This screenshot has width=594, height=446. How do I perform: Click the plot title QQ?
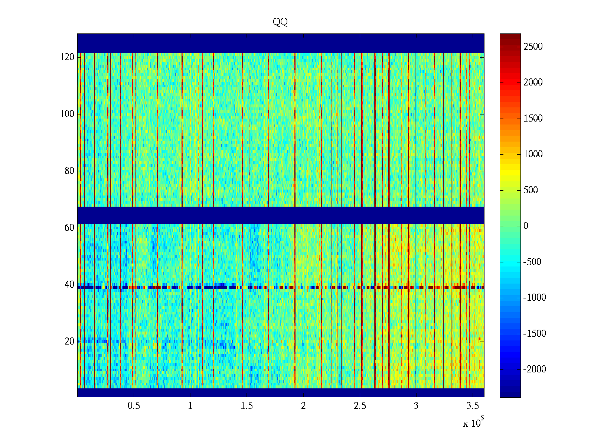tap(280, 22)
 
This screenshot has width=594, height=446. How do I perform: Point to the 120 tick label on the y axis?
tap(67, 57)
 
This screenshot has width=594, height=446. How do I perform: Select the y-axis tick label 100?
tap(67, 114)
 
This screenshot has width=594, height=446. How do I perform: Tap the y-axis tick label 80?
tap(69, 171)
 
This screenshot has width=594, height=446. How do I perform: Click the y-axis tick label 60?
tap(69, 227)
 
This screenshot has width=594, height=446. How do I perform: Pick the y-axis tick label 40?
tap(69, 285)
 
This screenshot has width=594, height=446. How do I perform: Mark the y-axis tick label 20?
tap(69, 341)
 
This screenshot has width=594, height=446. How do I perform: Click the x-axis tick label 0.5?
tap(134, 406)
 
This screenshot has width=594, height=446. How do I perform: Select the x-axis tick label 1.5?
tap(247, 406)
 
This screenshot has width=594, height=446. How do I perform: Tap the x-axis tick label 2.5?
tap(360, 406)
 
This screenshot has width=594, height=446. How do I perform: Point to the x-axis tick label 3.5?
tap(473, 406)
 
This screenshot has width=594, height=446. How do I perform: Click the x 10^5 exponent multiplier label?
tap(473, 423)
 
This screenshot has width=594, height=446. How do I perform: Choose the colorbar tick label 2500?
tap(533, 47)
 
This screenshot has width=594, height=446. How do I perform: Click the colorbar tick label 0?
tap(526, 226)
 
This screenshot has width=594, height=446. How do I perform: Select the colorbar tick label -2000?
tap(535, 369)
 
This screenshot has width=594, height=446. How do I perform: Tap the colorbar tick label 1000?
tap(533, 154)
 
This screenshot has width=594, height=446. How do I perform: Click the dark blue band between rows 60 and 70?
tap(281, 215)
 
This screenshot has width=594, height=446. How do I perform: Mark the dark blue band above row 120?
tap(281, 43)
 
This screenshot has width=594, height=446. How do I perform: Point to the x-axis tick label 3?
tap(416, 406)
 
